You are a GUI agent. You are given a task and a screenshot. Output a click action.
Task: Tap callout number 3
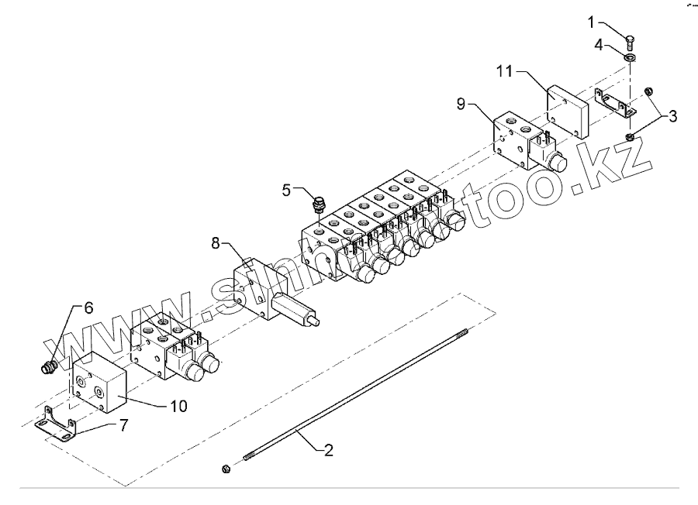click(x=672, y=117)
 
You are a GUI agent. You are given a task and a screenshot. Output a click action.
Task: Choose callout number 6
click(x=88, y=308)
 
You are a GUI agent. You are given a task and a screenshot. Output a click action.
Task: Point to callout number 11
click(x=505, y=72)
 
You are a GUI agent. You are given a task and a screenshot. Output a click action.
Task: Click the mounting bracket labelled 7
click(x=58, y=427)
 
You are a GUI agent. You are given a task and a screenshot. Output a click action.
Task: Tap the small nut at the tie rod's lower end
click(x=226, y=468)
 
